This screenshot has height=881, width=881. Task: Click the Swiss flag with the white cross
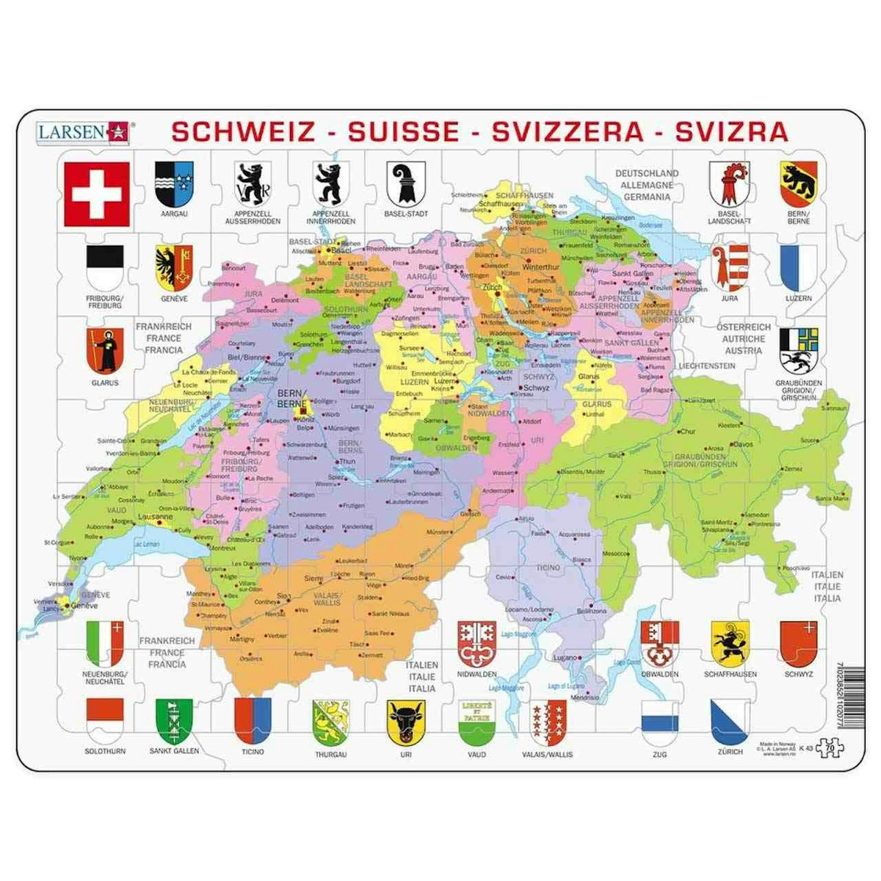click(x=97, y=194)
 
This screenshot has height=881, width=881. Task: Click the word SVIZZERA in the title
click(x=567, y=131)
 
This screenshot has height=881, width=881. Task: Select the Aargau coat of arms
click(x=173, y=184)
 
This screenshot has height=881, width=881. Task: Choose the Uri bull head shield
click(x=406, y=722)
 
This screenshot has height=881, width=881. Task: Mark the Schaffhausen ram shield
click(x=729, y=642)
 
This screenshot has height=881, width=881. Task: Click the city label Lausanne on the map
click(x=156, y=517)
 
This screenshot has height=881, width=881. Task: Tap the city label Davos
click(x=743, y=444)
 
